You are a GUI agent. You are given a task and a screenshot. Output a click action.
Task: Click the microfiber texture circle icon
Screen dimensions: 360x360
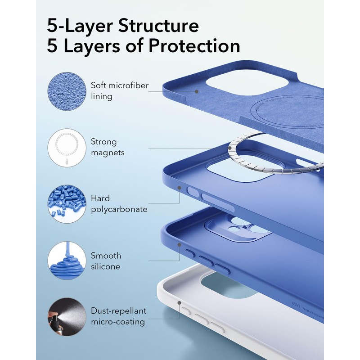67,90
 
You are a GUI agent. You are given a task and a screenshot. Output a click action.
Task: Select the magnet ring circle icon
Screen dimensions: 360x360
67,147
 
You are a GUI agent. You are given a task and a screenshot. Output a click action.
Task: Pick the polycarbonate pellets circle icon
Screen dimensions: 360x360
67,204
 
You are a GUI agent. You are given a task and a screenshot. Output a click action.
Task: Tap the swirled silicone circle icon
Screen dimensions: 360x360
67,261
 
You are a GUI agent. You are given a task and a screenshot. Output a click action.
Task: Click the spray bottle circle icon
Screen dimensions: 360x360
67,317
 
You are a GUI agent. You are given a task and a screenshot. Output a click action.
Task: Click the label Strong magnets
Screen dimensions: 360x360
108,147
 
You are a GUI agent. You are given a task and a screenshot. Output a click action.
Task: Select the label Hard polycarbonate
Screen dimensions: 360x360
119,204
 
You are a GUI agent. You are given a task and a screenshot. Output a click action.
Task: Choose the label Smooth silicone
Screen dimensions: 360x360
106,261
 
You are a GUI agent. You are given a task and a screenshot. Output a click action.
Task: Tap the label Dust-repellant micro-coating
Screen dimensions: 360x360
118,317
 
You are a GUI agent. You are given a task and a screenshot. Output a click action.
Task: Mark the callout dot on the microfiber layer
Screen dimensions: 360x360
197,91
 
